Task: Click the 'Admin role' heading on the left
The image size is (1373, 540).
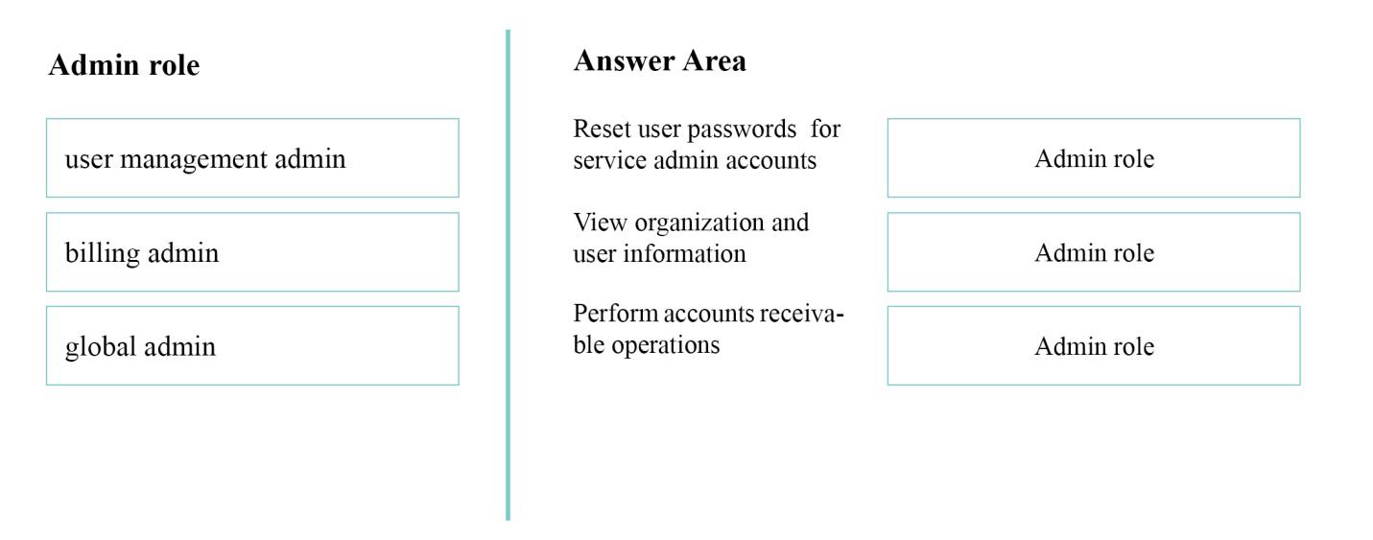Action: (x=125, y=65)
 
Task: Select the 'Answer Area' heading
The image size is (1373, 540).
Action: (x=659, y=60)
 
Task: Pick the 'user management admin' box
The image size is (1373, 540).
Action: (x=252, y=158)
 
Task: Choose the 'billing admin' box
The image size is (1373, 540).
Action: (x=252, y=252)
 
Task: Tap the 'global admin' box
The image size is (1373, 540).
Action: (x=252, y=345)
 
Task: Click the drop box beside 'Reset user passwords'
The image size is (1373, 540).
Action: (x=1094, y=158)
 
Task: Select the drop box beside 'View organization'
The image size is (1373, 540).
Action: (x=1094, y=252)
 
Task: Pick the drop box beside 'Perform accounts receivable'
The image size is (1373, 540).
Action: (x=1094, y=345)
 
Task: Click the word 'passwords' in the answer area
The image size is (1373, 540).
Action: (x=742, y=129)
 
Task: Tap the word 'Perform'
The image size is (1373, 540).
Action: (x=615, y=314)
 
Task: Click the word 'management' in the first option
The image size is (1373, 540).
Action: (x=194, y=160)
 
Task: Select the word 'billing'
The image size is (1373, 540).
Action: (x=103, y=254)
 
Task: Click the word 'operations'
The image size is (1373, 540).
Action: (x=666, y=345)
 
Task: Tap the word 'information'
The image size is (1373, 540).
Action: (x=685, y=253)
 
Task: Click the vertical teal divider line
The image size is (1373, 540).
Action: (x=509, y=275)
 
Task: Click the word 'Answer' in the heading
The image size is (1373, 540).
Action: (x=624, y=60)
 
